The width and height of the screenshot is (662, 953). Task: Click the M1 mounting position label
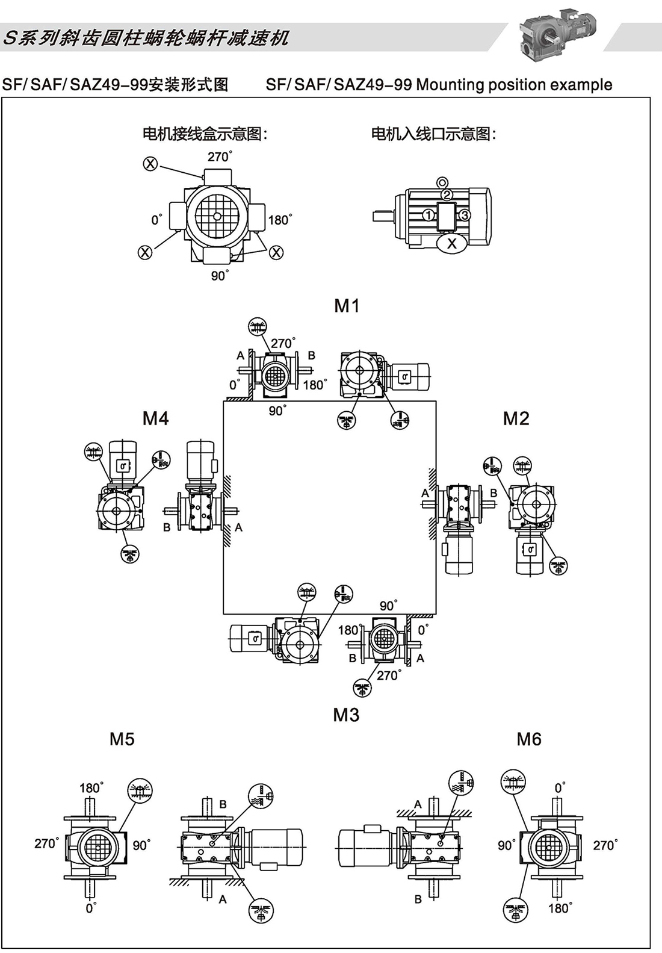(x=347, y=306)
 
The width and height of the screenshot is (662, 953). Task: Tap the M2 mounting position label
(x=516, y=418)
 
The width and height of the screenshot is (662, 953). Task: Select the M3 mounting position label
(x=346, y=715)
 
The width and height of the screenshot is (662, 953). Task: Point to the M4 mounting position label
(x=155, y=418)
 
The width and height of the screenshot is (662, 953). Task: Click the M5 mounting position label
(x=122, y=739)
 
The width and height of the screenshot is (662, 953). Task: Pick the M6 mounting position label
(x=529, y=739)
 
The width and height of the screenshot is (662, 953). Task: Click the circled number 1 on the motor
(x=428, y=215)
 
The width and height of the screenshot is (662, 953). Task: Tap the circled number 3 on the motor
(x=465, y=215)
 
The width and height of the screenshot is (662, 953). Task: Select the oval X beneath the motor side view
(x=452, y=243)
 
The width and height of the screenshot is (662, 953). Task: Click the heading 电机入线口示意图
(x=433, y=134)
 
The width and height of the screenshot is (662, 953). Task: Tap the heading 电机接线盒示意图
(x=205, y=134)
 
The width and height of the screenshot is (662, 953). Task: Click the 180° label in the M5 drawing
(x=91, y=788)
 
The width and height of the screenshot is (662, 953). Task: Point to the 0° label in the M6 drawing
(x=560, y=788)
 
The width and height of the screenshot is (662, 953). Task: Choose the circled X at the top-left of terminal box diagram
(x=150, y=163)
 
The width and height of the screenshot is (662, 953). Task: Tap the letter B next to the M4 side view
(x=167, y=527)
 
